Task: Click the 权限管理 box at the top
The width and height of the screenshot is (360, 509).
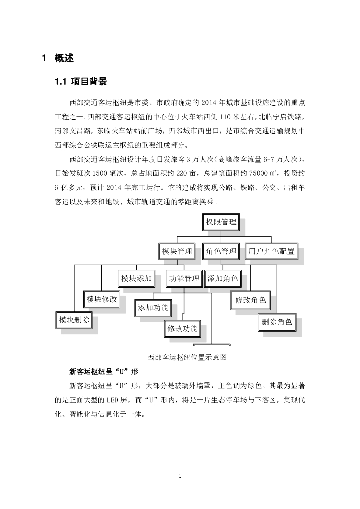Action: pyautogui.click(x=221, y=222)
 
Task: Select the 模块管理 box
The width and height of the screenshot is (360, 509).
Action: pyautogui.click(x=177, y=251)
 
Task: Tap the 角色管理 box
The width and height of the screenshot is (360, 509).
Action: pyautogui.click(x=221, y=251)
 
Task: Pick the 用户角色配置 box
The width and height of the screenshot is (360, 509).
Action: pyautogui.click(x=271, y=251)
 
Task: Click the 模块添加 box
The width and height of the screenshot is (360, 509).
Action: pyautogui.click(x=136, y=279)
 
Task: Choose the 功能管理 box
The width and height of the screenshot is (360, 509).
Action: pyautogui.click(x=184, y=279)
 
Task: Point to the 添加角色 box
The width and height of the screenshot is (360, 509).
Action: pyautogui.click(x=222, y=279)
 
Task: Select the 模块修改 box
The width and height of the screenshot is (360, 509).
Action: pyautogui.click(x=101, y=299)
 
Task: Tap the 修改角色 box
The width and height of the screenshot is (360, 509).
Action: pyautogui.click(x=250, y=300)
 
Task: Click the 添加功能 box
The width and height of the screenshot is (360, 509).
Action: pyautogui.click(x=153, y=307)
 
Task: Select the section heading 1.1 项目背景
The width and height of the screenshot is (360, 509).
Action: pyautogui.click(x=81, y=82)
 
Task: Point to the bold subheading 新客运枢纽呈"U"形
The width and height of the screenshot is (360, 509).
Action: pyautogui.click(x=103, y=371)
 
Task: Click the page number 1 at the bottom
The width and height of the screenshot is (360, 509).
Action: pyautogui.click(x=180, y=477)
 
